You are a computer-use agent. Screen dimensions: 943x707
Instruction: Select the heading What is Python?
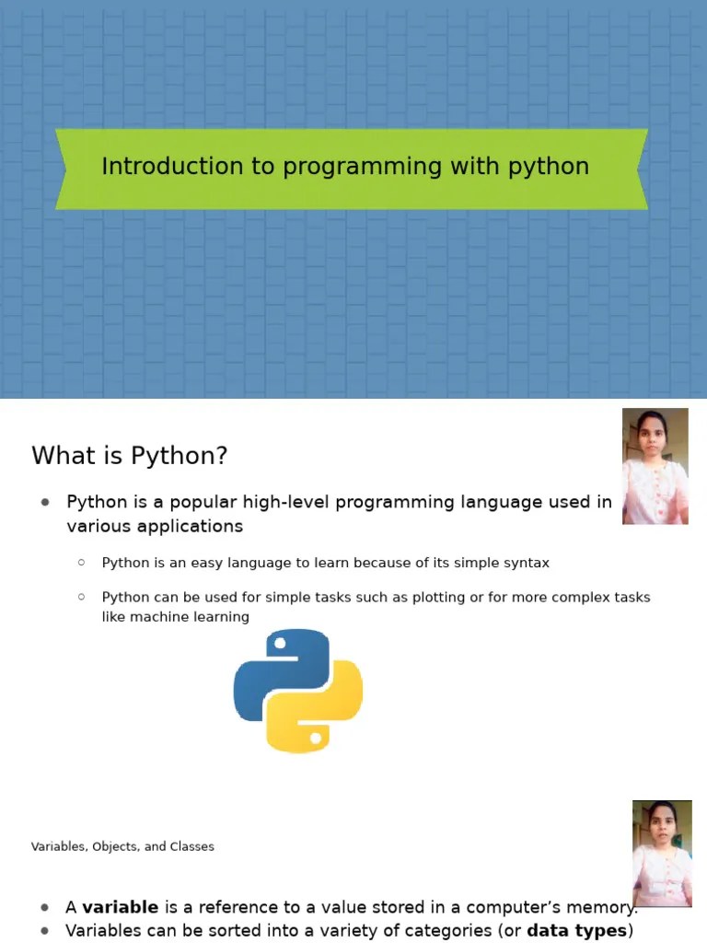pos(129,456)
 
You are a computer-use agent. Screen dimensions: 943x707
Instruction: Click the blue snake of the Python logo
pos(275,667)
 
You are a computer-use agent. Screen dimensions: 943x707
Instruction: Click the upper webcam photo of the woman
pos(655,466)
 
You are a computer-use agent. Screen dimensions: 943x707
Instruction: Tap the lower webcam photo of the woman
pos(662,854)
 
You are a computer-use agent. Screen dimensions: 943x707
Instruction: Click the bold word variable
pos(120,907)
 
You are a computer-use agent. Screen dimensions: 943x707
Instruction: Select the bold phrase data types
pos(576,931)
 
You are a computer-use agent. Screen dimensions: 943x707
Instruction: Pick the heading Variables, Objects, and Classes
pos(122,846)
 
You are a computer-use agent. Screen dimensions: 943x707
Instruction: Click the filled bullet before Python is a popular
pos(44,502)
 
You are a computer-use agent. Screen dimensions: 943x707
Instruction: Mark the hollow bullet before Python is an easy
pos(81,562)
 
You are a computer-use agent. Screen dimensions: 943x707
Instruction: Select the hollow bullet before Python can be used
pos(81,597)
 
